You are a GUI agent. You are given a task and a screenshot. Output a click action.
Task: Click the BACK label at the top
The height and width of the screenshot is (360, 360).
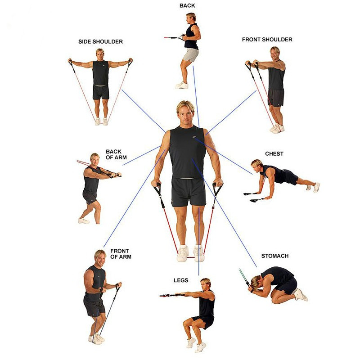click(x=187, y=5)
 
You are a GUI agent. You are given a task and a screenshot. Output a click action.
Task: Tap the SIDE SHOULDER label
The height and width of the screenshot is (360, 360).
click(x=100, y=42)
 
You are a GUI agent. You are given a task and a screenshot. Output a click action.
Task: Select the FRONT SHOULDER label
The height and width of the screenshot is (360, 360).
click(x=267, y=40)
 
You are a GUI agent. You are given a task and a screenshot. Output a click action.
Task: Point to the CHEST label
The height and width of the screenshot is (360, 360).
click(x=274, y=154)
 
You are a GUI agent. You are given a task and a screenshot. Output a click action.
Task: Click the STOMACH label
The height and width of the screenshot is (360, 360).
click(x=275, y=256)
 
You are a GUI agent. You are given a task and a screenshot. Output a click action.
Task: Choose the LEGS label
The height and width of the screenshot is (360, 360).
click(x=181, y=280)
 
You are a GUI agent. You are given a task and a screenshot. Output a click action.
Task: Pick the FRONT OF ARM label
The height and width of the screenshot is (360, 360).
click(x=120, y=254)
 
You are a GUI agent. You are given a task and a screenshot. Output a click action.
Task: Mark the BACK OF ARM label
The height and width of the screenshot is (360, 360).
click(x=116, y=154)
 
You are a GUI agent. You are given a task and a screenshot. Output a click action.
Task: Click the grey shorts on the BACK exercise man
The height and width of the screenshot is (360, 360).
click(x=191, y=55)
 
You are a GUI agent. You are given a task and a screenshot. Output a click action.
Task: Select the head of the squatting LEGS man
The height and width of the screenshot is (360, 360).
click(x=205, y=285)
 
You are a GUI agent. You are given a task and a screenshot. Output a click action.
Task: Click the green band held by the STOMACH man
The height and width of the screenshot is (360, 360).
click(x=243, y=276)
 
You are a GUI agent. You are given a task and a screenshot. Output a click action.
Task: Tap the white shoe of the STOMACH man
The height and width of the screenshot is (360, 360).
click(x=300, y=295)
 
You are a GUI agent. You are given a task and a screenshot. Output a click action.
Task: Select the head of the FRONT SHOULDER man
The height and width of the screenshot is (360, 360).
click(x=274, y=52)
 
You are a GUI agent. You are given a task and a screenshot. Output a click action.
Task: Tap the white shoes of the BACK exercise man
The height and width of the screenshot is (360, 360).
click(x=182, y=85)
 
